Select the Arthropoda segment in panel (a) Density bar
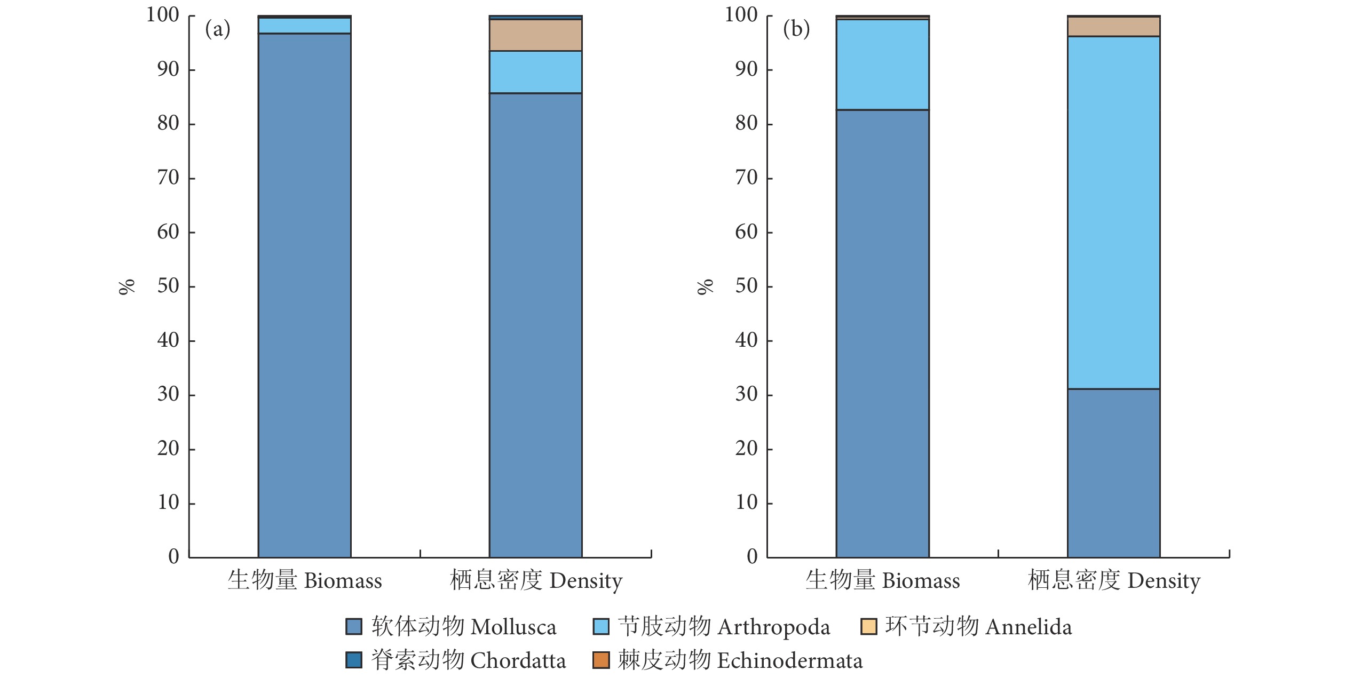pos(535,72)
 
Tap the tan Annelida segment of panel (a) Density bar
pos(535,35)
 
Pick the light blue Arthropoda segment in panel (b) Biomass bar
pos(882,65)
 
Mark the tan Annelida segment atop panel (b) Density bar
pos(1113,27)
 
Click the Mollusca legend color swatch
pos(353,626)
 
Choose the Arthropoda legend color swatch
pos(601,626)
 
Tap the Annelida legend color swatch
pos(868,626)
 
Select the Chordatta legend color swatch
pos(353,660)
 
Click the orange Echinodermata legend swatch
pos(601,660)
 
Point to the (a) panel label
pos(218,29)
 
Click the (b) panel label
pos(796,29)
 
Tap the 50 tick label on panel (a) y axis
pos(168,286)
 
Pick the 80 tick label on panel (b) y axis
pos(746,124)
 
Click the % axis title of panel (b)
pos(705,286)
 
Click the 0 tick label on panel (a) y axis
pos(173,557)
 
